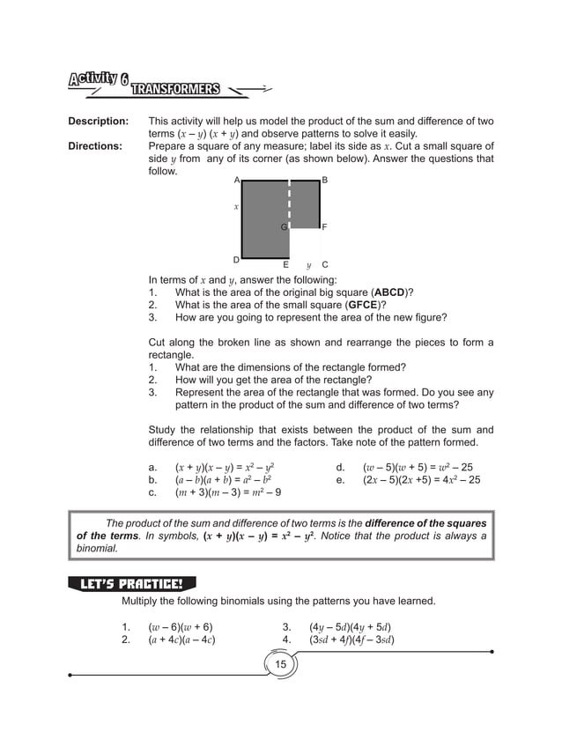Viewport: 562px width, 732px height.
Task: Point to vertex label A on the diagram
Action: [x=236, y=180]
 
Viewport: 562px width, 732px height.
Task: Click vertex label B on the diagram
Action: [x=325, y=180]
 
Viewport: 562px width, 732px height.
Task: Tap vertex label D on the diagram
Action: [x=236, y=260]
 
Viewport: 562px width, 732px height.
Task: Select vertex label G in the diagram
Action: [x=284, y=227]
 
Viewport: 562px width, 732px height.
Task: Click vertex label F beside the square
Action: [x=325, y=227]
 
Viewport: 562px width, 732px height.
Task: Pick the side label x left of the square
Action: [x=236, y=206]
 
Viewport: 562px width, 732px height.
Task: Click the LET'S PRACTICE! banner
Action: [x=131, y=583]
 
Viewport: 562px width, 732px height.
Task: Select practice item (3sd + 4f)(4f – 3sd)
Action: [x=351, y=640]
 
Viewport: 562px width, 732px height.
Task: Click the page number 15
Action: [x=281, y=662]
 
